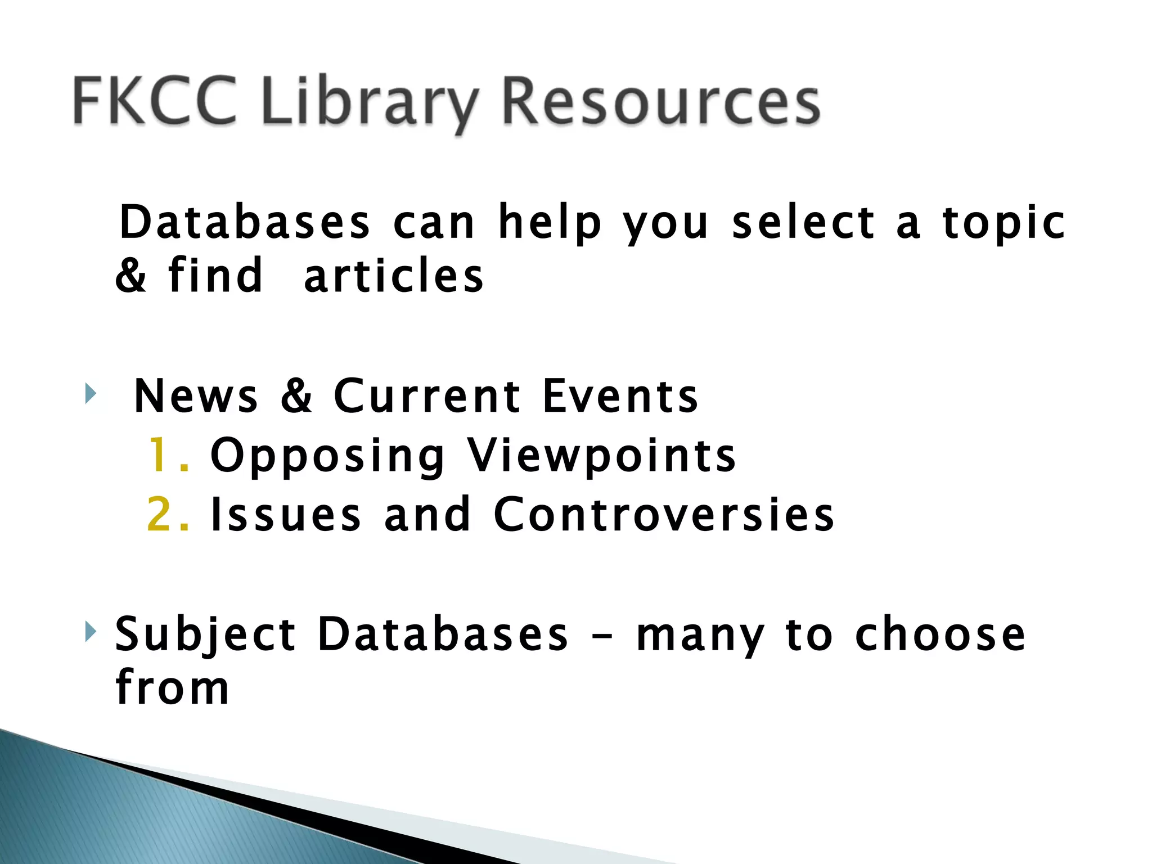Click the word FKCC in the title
[155, 101]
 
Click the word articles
[393, 276]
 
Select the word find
[215, 276]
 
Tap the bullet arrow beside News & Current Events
[90, 393]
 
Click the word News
[196, 396]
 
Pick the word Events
[620, 396]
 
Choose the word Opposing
[327, 457]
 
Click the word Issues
[285, 514]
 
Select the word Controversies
[664, 514]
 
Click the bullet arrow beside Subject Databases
[90, 631]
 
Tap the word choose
[940, 634]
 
